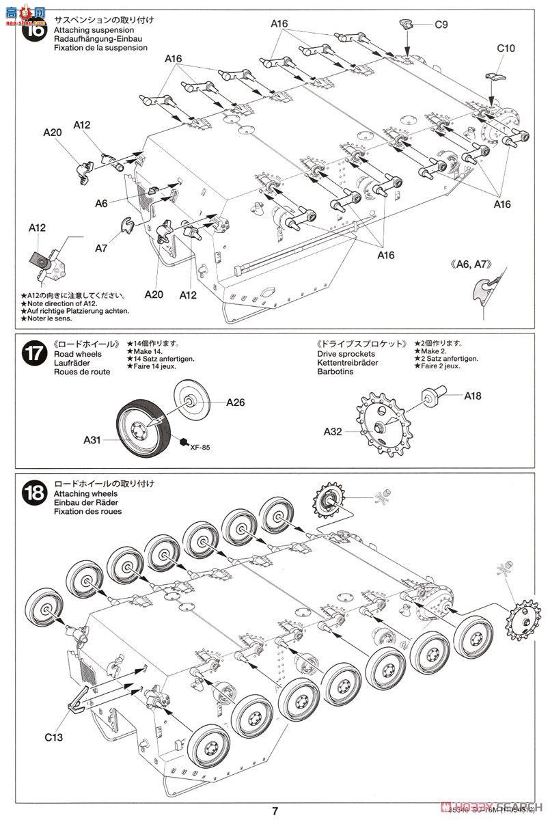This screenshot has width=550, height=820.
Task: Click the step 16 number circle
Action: click(35, 32)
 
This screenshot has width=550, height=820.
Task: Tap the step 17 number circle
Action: click(35, 356)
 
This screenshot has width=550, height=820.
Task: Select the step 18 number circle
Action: click(35, 492)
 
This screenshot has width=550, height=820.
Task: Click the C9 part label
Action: click(441, 25)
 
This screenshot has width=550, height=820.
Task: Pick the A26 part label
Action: click(235, 402)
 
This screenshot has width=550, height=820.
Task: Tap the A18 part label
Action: click(473, 396)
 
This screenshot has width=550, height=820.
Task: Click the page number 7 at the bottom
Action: click(275, 811)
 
